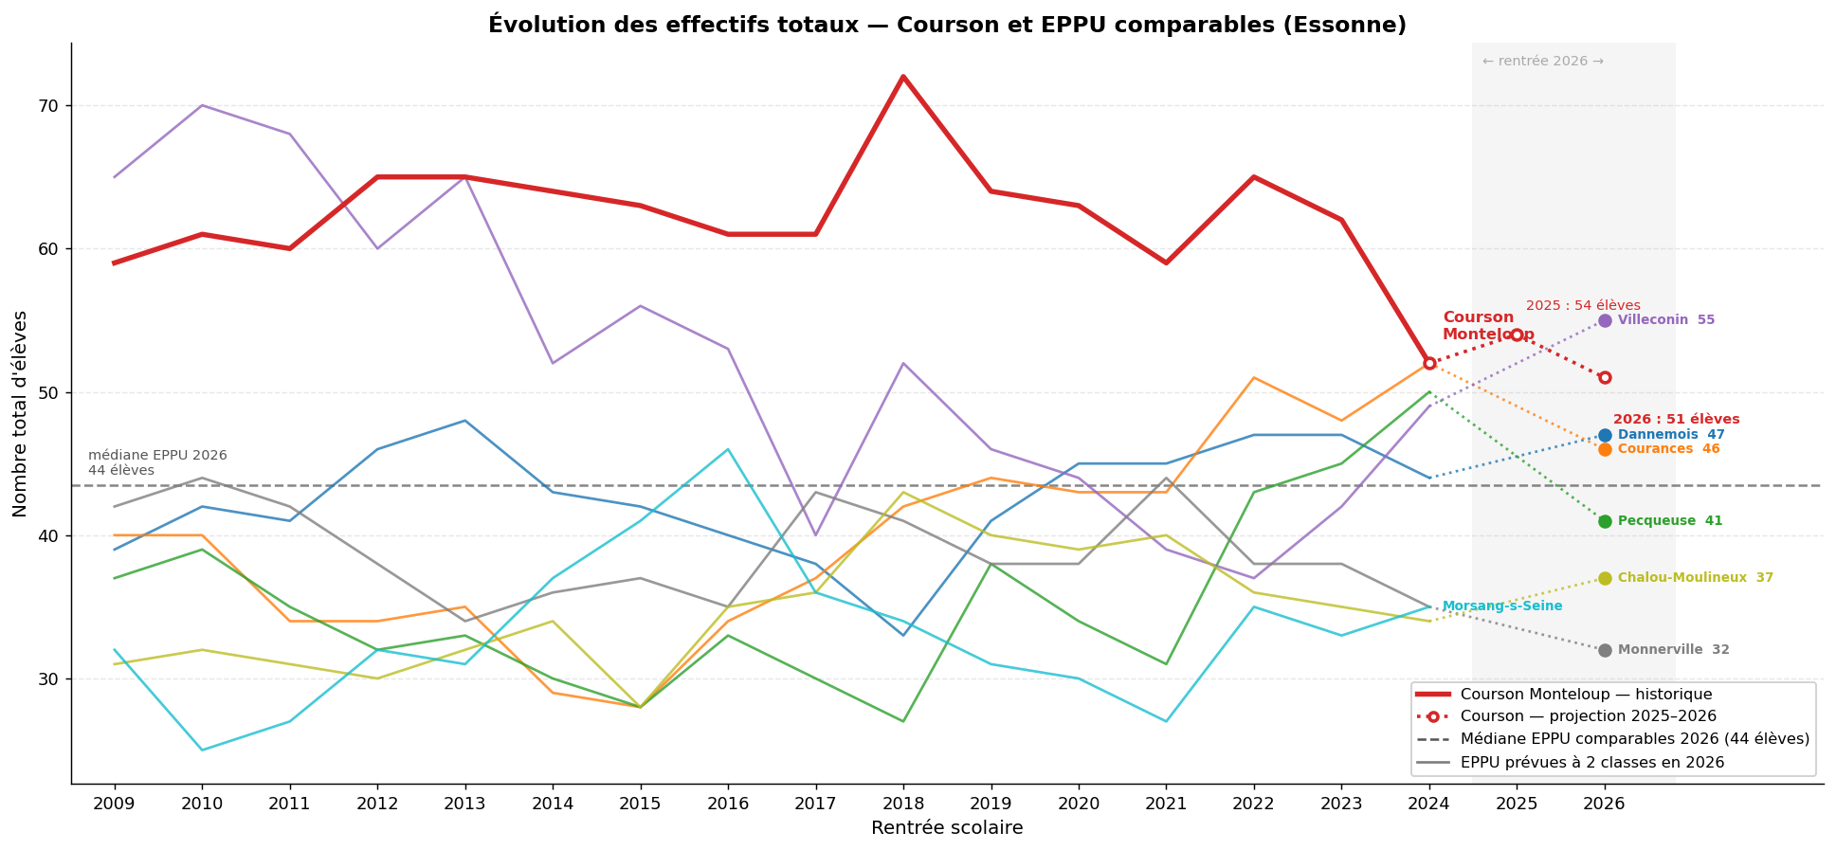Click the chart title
tap(947, 25)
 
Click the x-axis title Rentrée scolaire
tap(947, 828)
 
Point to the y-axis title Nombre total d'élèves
tap(21, 413)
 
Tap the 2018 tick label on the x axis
tap(903, 804)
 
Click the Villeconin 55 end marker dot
tap(1605, 320)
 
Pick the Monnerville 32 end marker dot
tap(1605, 650)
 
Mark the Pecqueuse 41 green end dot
tap(1605, 521)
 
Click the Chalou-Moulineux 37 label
tap(1695, 578)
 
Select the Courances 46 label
tap(1668, 449)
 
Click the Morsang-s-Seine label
tap(1501, 606)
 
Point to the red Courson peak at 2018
tap(903, 77)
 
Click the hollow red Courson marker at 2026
tap(1605, 377)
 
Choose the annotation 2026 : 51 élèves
tap(1676, 419)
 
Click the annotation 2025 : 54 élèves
tap(1583, 306)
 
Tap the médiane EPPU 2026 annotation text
tap(157, 462)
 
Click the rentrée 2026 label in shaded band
tap(1542, 62)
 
